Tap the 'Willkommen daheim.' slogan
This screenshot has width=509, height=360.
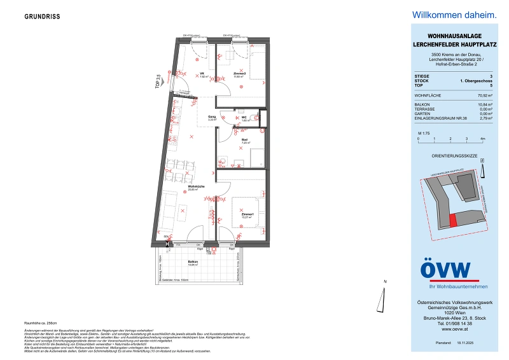[x=445, y=15]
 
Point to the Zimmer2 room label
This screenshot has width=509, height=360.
[x=239, y=74]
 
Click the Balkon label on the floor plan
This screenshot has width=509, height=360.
[x=193, y=261]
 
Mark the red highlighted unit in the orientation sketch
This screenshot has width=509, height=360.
[x=453, y=220]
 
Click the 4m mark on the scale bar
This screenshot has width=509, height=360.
[x=483, y=138]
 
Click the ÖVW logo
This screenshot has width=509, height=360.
[x=445, y=270]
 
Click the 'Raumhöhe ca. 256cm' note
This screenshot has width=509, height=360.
[x=41, y=324]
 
